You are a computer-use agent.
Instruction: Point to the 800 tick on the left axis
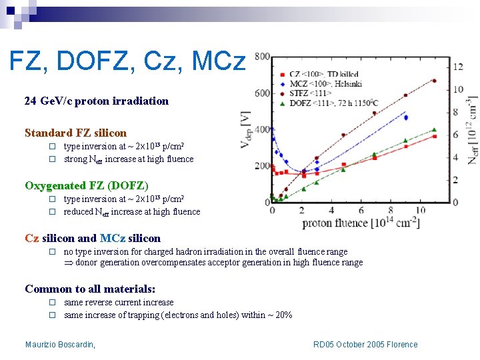[x=261, y=57]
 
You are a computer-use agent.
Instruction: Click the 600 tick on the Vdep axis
[x=261, y=93]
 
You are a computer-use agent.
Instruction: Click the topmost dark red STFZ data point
[x=434, y=81]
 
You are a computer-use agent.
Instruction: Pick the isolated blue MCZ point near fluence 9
[x=406, y=117]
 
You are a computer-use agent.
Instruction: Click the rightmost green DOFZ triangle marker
[x=434, y=130]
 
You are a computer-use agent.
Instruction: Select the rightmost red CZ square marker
[x=434, y=136]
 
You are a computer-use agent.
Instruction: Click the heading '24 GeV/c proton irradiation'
[x=96, y=101]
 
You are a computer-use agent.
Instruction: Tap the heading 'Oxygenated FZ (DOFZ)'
[x=87, y=185]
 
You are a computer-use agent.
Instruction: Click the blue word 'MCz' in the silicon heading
[x=114, y=238]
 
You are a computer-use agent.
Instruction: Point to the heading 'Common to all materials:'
[x=90, y=289]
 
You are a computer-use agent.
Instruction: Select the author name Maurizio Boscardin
[x=60, y=345]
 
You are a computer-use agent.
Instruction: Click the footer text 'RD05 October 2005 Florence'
[x=365, y=345]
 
